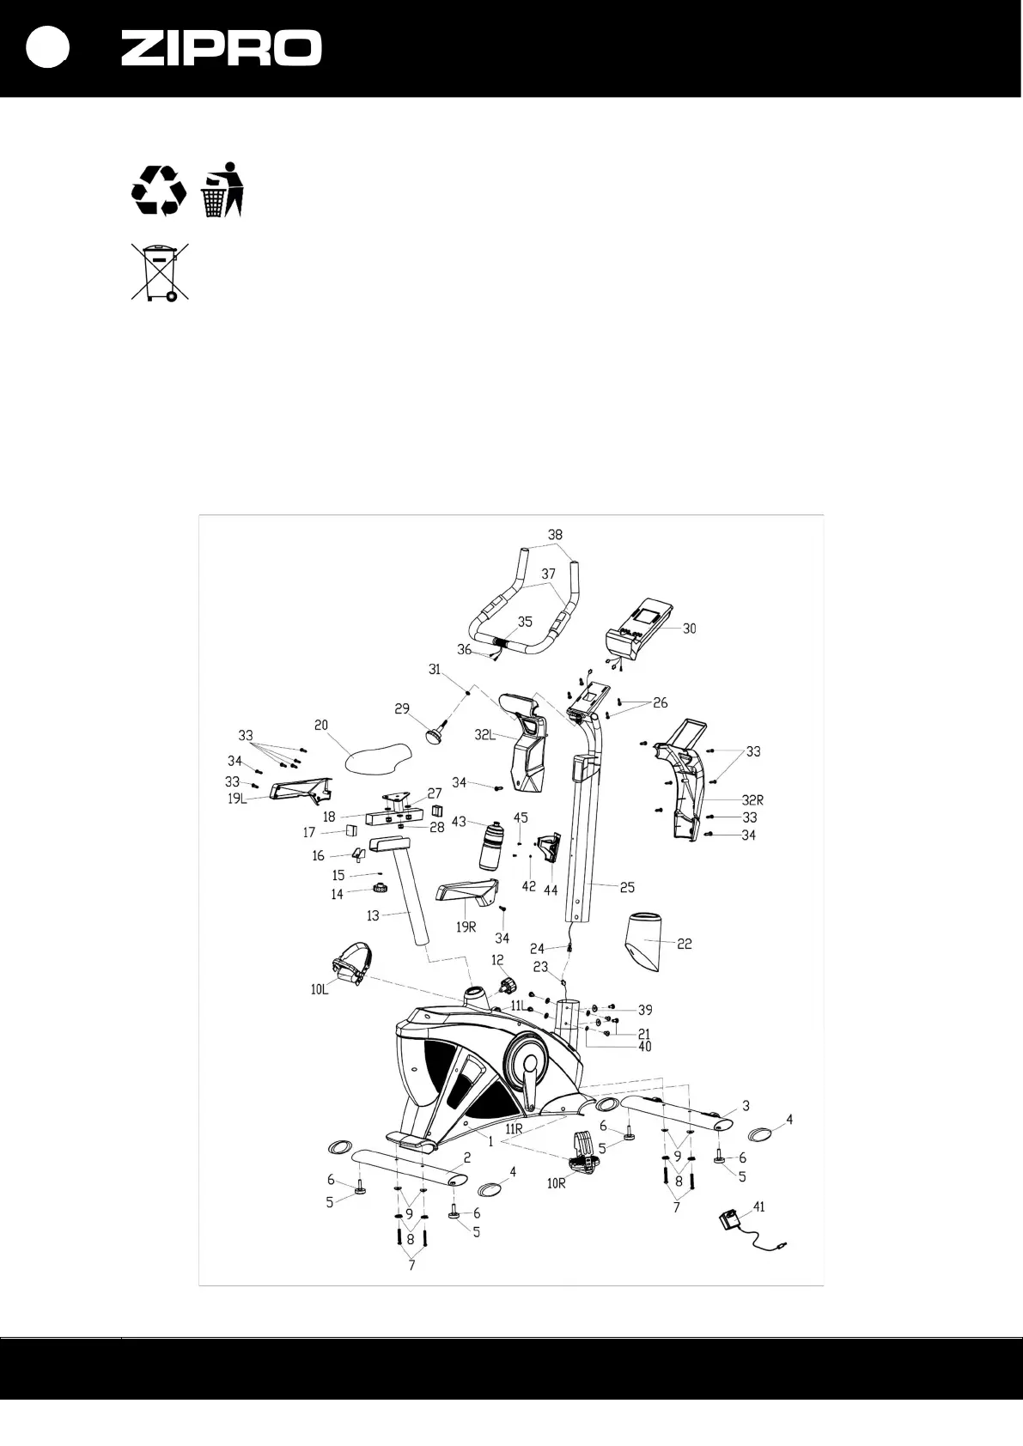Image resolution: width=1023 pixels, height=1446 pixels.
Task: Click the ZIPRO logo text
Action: (221, 48)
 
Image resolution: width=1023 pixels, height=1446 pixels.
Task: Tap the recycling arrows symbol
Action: (158, 189)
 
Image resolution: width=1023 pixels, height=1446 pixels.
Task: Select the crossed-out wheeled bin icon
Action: (159, 272)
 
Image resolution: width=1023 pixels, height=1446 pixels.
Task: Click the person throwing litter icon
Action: (223, 189)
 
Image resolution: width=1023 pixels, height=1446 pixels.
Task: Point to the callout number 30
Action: (690, 628)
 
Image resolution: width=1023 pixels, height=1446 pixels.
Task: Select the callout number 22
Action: (685, 944)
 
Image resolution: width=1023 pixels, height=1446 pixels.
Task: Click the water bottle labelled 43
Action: (492, 846)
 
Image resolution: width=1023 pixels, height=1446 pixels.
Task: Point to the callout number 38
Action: (556, 534)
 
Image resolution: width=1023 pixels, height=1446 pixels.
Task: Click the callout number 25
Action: (627, 887)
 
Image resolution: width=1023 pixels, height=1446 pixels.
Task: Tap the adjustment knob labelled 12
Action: (507, 983)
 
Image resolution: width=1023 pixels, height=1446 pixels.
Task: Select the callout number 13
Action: (372, 916)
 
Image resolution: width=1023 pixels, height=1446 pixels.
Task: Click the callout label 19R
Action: (466, 927)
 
